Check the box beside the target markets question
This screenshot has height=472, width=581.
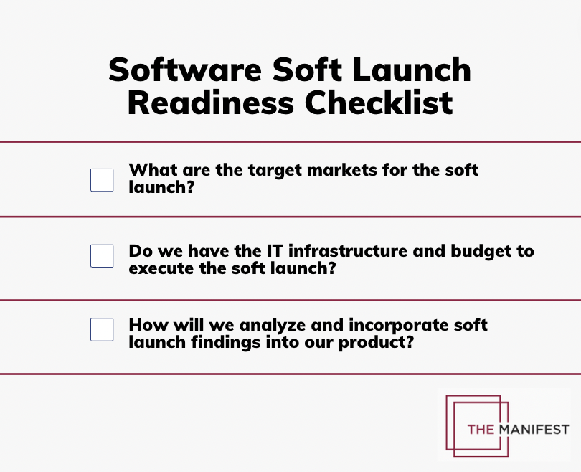[102, 180]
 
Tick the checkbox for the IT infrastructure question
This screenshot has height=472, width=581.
[102, 256]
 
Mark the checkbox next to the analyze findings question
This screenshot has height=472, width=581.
[102, 330]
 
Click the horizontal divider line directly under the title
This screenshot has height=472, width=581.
[290, 141]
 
